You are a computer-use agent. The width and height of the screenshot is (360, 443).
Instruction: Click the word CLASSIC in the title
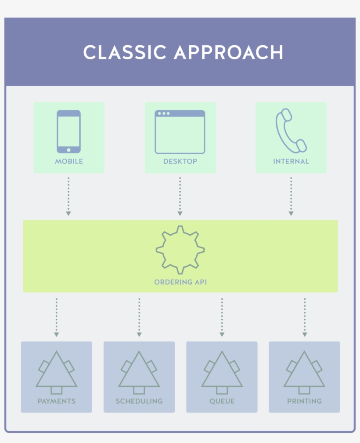pyautogui.click(x=124, y=52)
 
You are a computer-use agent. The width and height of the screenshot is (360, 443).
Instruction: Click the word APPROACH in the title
pyautogui.click(x=228, y=52)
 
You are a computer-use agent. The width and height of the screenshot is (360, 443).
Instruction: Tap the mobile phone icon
pyautogui.click(x=68, y=131)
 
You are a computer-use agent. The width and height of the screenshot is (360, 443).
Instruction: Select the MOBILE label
pyautogui.click(x=69, y=161)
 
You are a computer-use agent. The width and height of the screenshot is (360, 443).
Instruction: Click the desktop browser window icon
pyautogui.click(x=180, y=132)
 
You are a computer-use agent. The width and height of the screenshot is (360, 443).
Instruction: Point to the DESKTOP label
pyautogui.click(x=180, y=161)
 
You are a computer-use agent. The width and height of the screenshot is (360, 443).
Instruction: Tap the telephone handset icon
pyautogui.click(x=290, y=130)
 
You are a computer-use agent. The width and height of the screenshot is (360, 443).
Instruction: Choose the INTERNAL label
pyautogui.click(x=291, y=161)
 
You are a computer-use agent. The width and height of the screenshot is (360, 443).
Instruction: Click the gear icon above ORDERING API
pyautogui.click(x=180, y=250)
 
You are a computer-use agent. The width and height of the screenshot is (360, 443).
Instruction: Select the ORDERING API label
pyautogui.click(x=180, y=282)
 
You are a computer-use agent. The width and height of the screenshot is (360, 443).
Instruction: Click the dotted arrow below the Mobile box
pyautogui.click(x=68, y=196)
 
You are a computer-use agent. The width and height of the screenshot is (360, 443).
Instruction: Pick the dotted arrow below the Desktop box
pyautogui.click(x=180, y=196)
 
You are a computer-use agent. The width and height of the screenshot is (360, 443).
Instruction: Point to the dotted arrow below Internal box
pyautogui.click(x=291, y=196)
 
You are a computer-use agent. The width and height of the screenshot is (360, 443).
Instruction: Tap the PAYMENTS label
pyautogui.click(x=57, y=401)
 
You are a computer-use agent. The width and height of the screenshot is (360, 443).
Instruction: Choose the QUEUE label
pyautogui.click(x=222, y=401)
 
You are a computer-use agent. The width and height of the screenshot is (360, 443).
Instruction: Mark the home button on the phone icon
pyautogui.click(x=68, y=150)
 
